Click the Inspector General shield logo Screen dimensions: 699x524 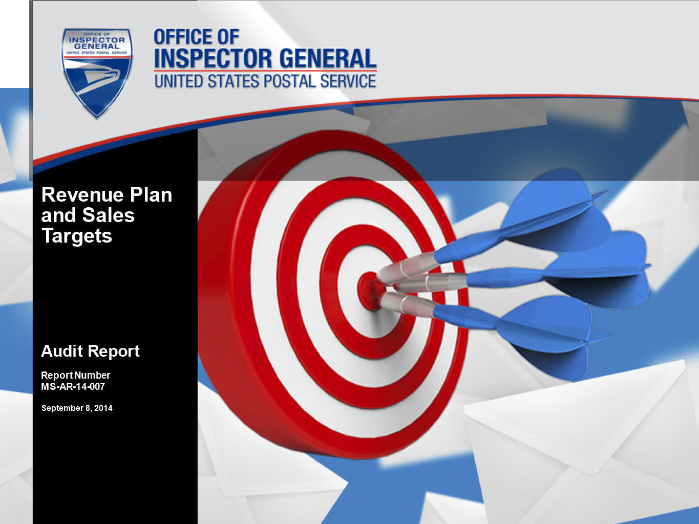coord(97,73)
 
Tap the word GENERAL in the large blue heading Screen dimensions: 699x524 coord(328,58)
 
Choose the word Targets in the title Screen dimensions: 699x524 coord(77,236)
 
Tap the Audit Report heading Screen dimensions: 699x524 coord(91,351)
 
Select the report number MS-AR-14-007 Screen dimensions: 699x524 coord(73,386)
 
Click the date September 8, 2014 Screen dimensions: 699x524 coord(77,408)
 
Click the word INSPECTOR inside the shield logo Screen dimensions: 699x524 coord(97,40)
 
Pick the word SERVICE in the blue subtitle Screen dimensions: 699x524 coord(348,81)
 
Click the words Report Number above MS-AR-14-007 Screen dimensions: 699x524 coord(75,376)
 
